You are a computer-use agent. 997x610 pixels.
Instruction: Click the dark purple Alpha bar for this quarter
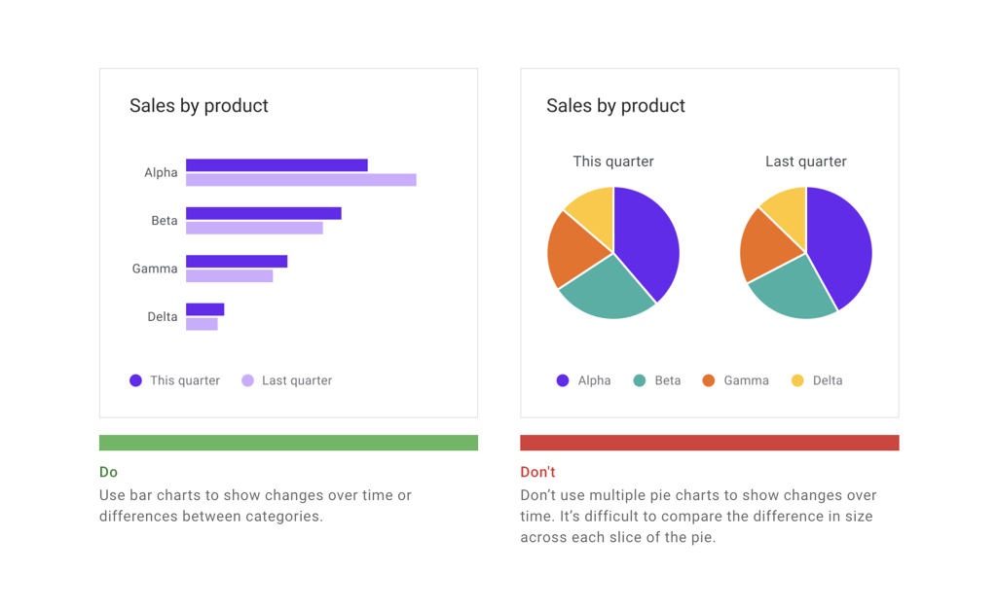coord(277,165)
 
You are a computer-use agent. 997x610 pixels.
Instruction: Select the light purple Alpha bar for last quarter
coord(301,180)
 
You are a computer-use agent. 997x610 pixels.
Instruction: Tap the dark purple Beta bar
coord(263,213)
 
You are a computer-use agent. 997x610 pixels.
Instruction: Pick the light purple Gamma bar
coord(229,276)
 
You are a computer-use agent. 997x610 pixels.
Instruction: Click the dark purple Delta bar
coord(204,309)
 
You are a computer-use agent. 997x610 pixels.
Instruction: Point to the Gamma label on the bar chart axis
coord(155,269)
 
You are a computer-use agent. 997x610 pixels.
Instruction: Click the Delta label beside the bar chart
coord(162,316)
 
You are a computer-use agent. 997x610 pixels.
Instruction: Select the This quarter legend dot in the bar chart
coord(136,380)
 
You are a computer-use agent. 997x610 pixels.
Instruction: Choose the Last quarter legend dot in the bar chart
coord(247,380)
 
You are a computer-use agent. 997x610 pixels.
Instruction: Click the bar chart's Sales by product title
coord(199,106)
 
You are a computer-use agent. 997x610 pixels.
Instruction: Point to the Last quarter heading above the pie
coord(805,161)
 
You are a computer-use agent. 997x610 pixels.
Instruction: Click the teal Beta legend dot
coord(640,380)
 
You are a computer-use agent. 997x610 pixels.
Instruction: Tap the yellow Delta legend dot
coord(797,380)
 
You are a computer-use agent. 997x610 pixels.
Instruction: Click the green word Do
coord(108,472)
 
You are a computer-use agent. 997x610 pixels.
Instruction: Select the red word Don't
coord(537,472)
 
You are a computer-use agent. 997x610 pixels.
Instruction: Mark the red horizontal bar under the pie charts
coord(709,443)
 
